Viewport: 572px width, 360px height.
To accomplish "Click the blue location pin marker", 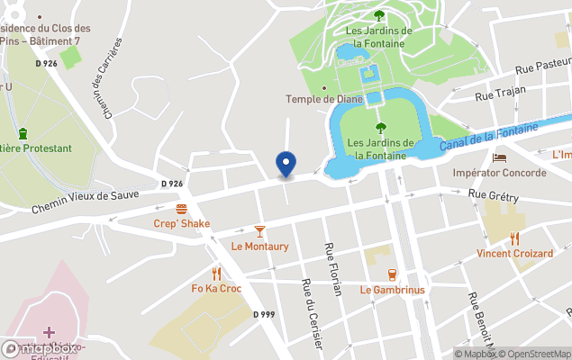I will pos(286,165).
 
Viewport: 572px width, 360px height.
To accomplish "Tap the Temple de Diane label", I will pos(324,99).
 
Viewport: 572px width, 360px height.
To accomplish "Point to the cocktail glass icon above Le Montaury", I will pos(260,231).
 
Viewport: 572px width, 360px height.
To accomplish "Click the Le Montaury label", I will pos(260,247).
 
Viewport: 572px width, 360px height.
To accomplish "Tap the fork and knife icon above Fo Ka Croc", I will pos(216,274).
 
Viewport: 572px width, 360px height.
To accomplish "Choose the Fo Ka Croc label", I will pos(216,289).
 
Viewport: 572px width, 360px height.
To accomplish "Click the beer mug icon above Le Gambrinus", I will pos(392,274).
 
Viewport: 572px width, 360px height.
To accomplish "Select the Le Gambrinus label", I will pos(392,290).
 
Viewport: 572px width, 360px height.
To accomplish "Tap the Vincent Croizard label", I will pos(515,254).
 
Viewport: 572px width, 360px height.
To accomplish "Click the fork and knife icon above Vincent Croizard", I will pos(515,238).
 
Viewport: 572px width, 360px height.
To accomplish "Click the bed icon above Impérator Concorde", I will pos(500,157).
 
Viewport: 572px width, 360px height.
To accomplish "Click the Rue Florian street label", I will pos(333,267).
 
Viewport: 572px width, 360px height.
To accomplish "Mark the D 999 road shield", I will pos(263,314).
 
